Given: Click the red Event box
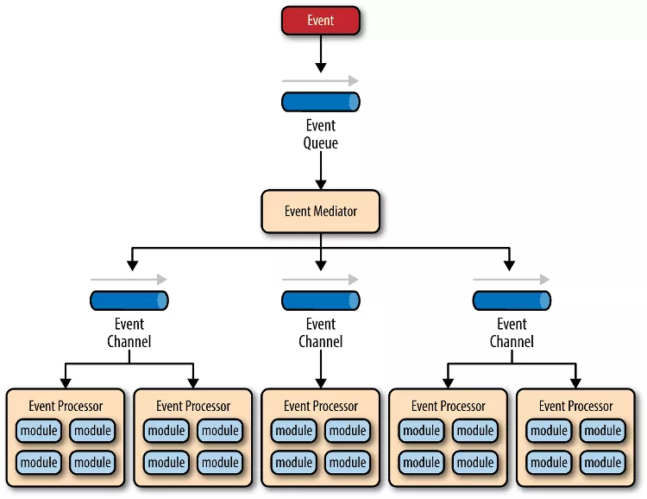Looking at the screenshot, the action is [x=321, y=20].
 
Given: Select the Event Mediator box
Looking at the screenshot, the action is [x=321, y=212].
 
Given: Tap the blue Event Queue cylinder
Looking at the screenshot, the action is [x=321, y=102].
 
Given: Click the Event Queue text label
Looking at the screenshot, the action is [x=321, y=134].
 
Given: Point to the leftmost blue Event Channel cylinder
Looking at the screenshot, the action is [x=129, y=300].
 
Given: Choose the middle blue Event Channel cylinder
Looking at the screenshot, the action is [x=321, y=300].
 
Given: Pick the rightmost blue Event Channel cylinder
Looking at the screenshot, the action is [x=512, y=300].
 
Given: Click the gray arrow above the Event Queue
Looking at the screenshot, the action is [x=320, y=81].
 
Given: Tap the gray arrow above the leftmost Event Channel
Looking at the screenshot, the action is [x=129, y=280].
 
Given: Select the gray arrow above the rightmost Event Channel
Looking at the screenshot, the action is [x=512, y=280].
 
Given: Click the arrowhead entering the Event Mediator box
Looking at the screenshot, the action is [x=321, y=185].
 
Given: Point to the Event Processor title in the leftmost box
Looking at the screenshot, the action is [x=66, y=406].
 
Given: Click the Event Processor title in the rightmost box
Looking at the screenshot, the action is [x=575, y=406].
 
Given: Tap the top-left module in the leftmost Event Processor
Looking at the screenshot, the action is [x=39, y=431].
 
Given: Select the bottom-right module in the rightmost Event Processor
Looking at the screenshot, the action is [x=602, y=462].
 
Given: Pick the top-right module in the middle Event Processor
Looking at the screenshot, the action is [x=348, y=431].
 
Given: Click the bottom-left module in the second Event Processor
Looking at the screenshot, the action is [x=166, y=462].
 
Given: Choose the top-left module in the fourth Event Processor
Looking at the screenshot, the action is [x=421, y=431].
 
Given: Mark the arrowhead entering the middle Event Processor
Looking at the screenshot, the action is [x=321, y=383].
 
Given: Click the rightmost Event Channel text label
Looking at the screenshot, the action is [x=512, y=332].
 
